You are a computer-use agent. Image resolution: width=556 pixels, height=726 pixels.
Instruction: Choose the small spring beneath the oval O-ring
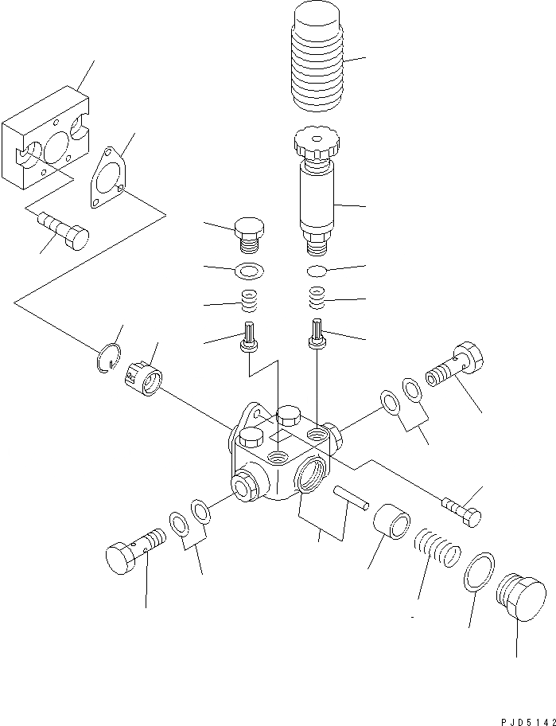click(x=317, y=299)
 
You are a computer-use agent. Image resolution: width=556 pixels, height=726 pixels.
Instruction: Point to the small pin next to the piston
click(x=351, y=495)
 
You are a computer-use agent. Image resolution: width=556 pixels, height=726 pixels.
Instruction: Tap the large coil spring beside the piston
click(x=437, y=549)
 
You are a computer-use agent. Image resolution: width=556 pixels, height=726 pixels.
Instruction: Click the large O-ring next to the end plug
click(x=478, y=571)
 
